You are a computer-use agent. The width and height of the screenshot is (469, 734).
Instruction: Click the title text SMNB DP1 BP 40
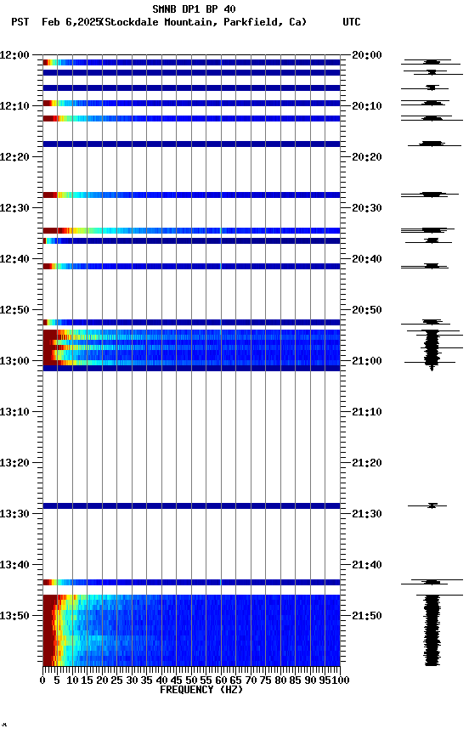(x=194, y=9)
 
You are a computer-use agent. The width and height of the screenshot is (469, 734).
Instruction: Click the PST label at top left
(x=20, y=22)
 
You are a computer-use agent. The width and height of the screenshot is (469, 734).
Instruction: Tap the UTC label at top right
(x=351, y=22)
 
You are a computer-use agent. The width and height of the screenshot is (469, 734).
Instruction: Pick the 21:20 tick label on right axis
(x=367, y=463)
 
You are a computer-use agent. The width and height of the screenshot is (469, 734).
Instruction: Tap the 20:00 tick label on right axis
(x=367, y=55)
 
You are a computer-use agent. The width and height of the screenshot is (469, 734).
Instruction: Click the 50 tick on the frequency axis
(x=191, y=680)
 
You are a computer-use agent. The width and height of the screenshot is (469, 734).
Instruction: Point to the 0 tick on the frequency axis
(x=43, y=680)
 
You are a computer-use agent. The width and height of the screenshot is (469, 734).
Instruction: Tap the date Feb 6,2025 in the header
(x=69, y=22)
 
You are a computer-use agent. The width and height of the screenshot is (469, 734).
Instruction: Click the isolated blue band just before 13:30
(x=191, y=506)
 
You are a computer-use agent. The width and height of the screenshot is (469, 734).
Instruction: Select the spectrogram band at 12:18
(x=191, y=144)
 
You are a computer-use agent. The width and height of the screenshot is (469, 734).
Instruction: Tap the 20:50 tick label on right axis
(x=367, y=310)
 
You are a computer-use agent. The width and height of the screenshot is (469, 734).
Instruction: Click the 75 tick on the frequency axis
(x=265, y=680)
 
